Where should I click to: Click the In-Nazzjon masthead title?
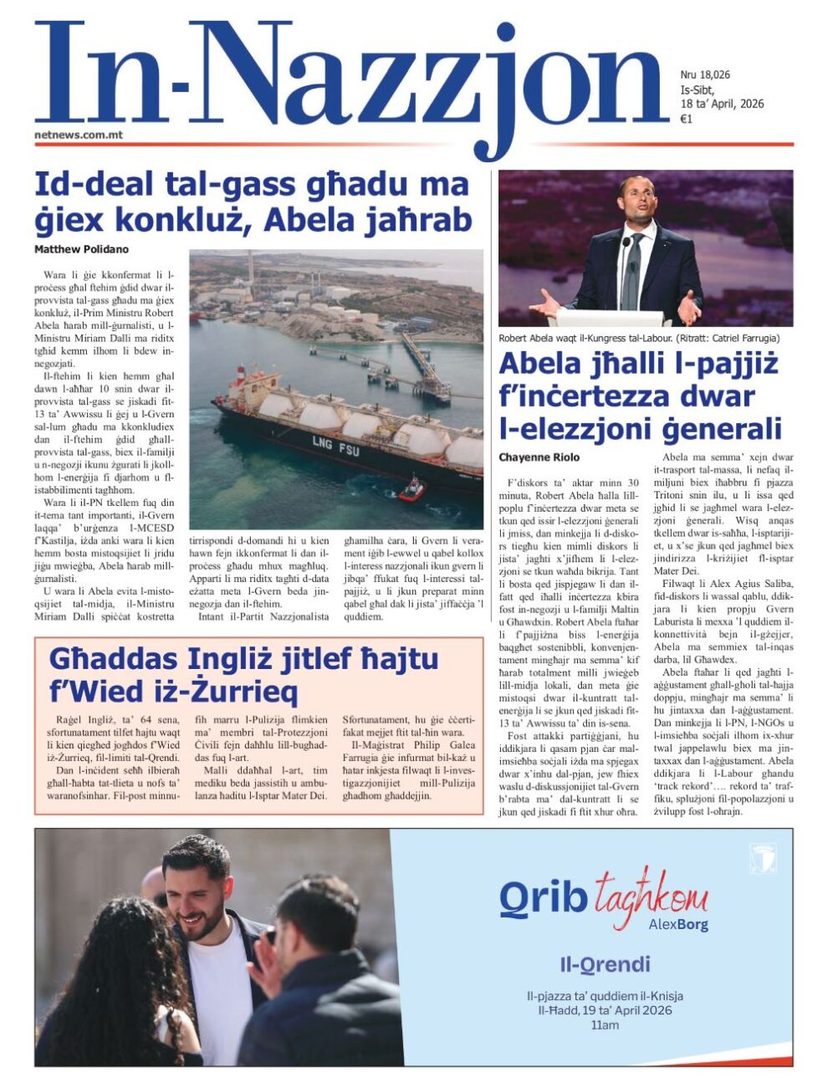pos(351,79)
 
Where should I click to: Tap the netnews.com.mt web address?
pos(79,134)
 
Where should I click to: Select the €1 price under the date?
pos(686,120)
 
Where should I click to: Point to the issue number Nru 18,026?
pos(705,74)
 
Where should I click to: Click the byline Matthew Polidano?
pos(81,249)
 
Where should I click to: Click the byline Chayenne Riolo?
pos(539,457)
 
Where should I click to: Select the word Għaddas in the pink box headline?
pos(113,659)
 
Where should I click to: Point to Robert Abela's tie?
pos(632,268)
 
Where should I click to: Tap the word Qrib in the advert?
pos(543,897)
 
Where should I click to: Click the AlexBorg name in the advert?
pos(678,925)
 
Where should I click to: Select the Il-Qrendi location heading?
pos(605,965)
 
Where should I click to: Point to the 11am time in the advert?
pos(605,1025)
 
